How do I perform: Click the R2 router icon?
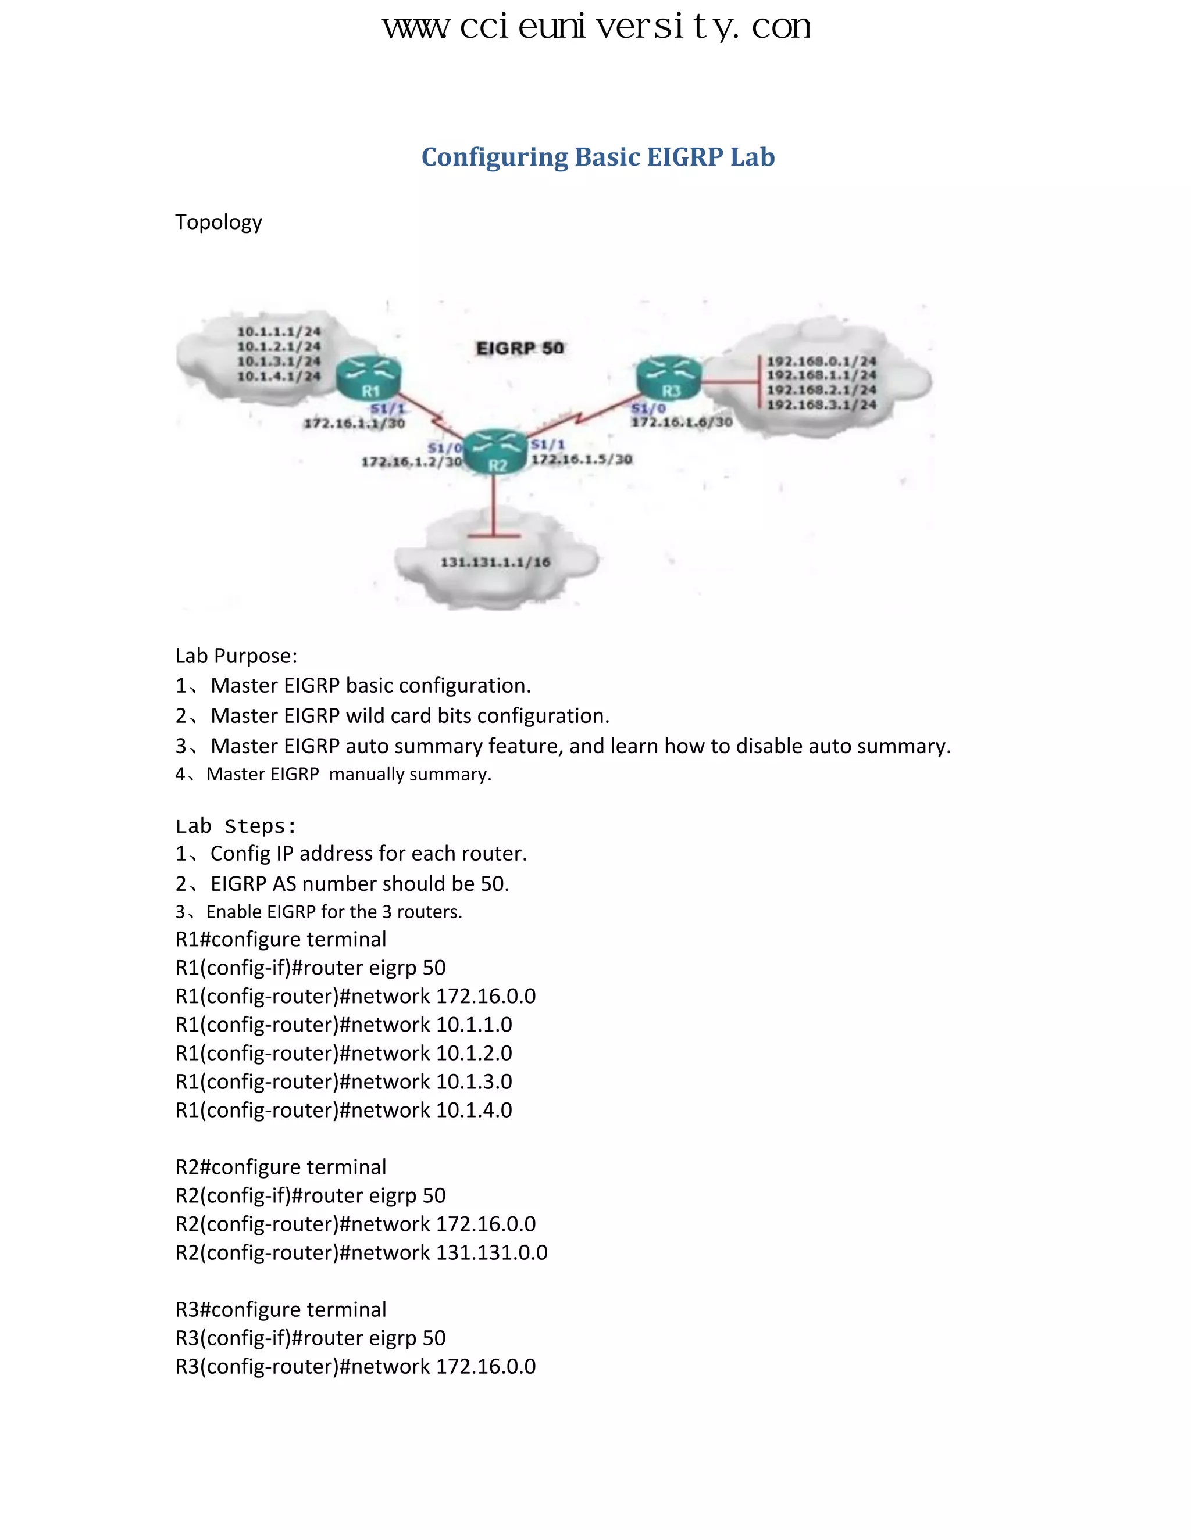pos(497,452)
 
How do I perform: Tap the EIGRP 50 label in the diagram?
pos(520,348)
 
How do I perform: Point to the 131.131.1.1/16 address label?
pos(495,562)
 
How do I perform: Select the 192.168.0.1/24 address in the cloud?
pos(821,361)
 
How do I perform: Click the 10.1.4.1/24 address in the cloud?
pos(279,377)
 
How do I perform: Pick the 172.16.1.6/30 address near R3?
pos(682,422)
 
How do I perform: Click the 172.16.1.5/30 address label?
pos(582,460)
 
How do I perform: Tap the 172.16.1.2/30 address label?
pos(411,462)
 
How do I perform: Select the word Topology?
pos(218,222)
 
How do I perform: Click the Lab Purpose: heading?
pos(236,656)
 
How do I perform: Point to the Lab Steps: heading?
pos(236,826)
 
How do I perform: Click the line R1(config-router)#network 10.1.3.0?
pos(344,1081)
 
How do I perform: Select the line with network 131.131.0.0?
pos(361,1252)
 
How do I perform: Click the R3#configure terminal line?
pos(280,1309)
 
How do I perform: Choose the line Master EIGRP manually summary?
pos(333,774)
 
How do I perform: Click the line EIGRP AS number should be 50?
pos(342,883)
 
